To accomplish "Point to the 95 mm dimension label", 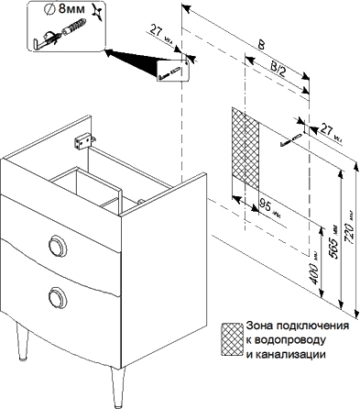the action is click(x=269, y=207).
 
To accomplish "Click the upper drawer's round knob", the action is click(x=58, y=245).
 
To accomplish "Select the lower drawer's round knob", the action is click(x=58, y=297).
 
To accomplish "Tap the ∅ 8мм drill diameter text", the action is click(x=65, y=9).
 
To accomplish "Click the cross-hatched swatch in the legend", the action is click(x=232, y=339).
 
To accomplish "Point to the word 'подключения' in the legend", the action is click(x=312, y=326).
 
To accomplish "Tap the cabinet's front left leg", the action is click(x=22, y=342).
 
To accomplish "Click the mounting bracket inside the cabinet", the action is click(x=83, y=140).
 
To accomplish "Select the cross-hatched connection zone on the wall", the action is click(x=245, y=149).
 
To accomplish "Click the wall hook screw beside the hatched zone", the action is click(x=290, y=140).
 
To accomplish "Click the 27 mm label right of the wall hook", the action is click(x=330, y=134).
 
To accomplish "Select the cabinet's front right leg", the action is click(x=117, y=388).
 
